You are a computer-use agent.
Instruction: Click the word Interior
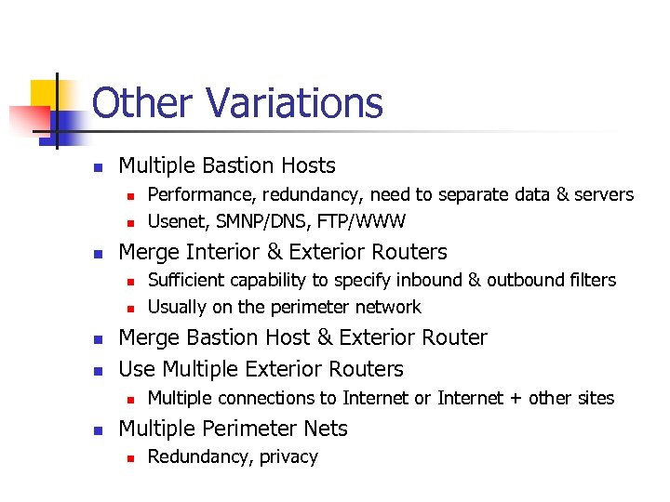pos(229,252)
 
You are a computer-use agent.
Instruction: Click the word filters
pos(591,280)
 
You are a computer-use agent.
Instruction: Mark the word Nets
pos(327,429)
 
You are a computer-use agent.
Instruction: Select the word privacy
pos(287,457)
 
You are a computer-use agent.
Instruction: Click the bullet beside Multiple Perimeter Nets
pos(97,429)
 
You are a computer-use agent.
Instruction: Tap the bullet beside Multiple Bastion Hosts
pos(97,167)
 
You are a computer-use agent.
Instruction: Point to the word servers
pos(602,195)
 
